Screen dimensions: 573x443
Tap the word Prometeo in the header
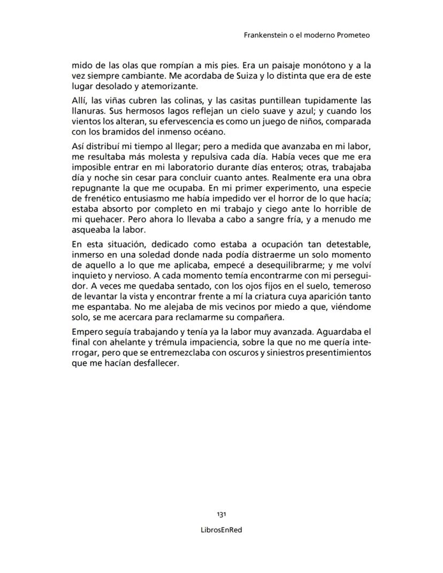[353, 35]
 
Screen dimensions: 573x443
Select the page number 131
[222, 514]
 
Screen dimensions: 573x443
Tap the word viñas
[114, 101]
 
